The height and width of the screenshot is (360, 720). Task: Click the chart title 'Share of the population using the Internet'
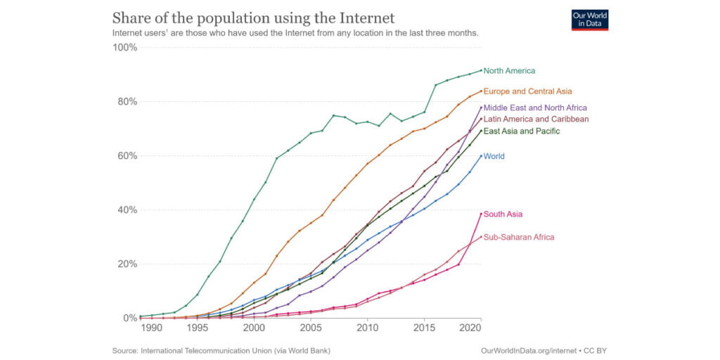[x=253, y=18]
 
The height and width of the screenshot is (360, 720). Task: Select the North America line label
[x=509, y=71]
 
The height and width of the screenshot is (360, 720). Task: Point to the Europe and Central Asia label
[x=527, y=91]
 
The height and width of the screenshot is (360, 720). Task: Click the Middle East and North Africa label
[x=535, y=108]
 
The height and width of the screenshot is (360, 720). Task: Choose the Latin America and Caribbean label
[x=536, y=120]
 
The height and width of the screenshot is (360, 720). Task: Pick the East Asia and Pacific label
[x=521, y=131]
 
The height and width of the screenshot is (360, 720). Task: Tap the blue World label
[x=494, y=156]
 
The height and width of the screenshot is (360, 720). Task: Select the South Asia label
[x=503, y=214]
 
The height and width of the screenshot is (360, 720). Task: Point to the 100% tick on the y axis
[x=125, y=48]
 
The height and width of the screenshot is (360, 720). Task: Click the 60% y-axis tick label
[x=127, y=156]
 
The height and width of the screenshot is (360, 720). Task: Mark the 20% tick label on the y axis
[x=127, y=264]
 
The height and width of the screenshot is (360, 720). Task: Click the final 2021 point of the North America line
[x=481, y=70]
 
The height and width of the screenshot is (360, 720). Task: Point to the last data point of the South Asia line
[x=481, y=214]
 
